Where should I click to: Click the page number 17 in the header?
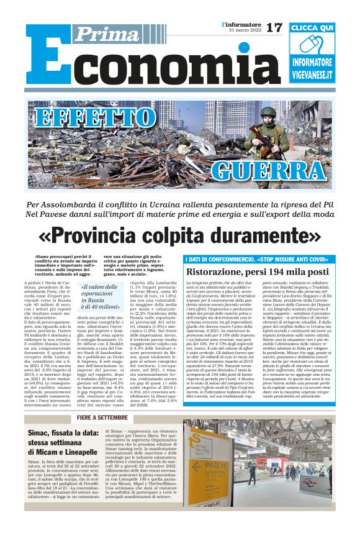274,27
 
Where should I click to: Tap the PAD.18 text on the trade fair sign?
206,467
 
